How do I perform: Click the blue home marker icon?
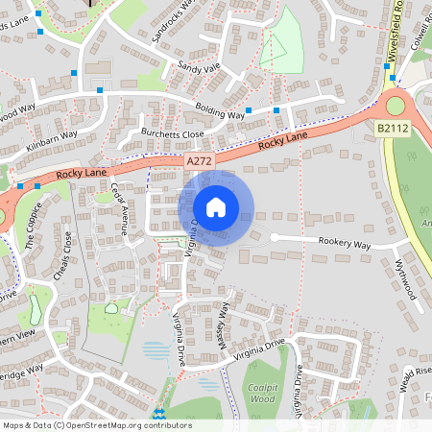pyautogui.click(x=216, y=207)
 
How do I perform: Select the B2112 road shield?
pyautogui.click(x=392, y=127)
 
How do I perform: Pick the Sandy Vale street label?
pyautogui.click(x=199, y=70)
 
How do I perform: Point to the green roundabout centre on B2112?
pyautogui.click(x=394, y=105)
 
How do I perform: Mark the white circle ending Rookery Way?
pyautogui.click(x=274, y=237)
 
